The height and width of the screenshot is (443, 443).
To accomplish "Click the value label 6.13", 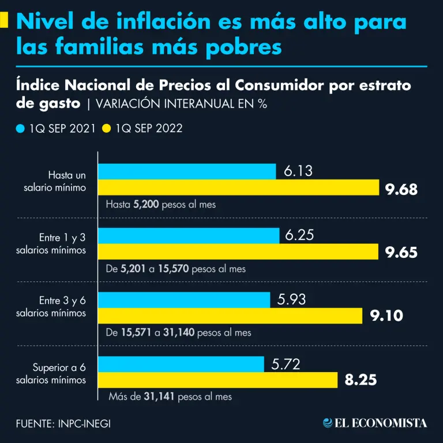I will [299, 171].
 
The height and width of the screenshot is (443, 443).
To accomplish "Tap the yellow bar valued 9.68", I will [238, 188].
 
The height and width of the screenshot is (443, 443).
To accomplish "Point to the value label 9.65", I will [401, 252].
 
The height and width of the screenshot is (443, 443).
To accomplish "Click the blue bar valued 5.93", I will [184, 300].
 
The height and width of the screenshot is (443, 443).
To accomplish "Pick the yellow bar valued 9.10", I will [230, 316].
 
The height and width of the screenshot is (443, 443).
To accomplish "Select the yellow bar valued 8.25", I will [218, 380].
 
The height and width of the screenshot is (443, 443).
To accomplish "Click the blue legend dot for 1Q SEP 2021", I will [21, 128].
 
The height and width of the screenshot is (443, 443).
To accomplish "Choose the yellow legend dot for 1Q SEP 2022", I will [107, 128].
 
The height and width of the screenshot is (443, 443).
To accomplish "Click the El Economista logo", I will [375, 423].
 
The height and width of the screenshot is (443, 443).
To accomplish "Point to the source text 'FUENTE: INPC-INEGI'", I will [63, 423].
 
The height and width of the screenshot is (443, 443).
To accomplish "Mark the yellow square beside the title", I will [4, 21].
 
